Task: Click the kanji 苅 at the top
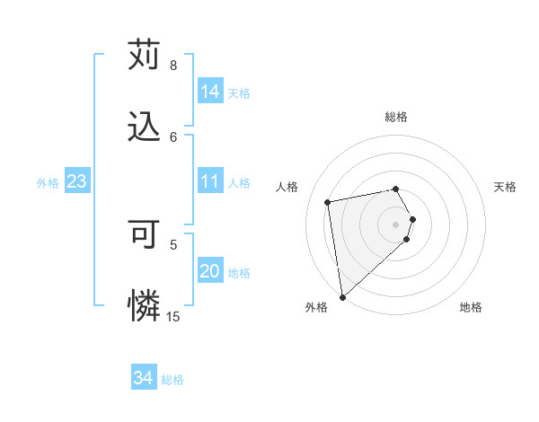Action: click(x=144, y=55)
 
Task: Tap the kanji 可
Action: click(x=144, y=234)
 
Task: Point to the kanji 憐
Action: click(x=144, y=306)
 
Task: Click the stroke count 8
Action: click(x=173, y=66)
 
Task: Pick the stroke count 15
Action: click(x=173, y=317)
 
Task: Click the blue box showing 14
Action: click(x=210, y=92)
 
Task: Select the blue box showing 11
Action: click(x=210, y=181)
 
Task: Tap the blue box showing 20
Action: click(x=210, y=271)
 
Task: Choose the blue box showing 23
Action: click(x=77, y=181)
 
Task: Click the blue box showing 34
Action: click(x=144, y=378)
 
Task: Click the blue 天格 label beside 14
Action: click(x=239, y=93)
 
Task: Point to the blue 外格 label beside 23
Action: click(x=48, y=183)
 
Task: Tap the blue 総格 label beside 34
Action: click(x=172, y=380)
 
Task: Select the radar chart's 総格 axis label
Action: click(x=396, y=117)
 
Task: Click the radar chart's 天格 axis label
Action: click(x=506, y=187)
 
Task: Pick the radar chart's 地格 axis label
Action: click(x=471, y=308)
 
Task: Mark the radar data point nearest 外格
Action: click(x=342, y=296)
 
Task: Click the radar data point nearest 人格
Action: click(x=328, y=201)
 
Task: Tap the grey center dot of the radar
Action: click(x=396, y=224)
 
